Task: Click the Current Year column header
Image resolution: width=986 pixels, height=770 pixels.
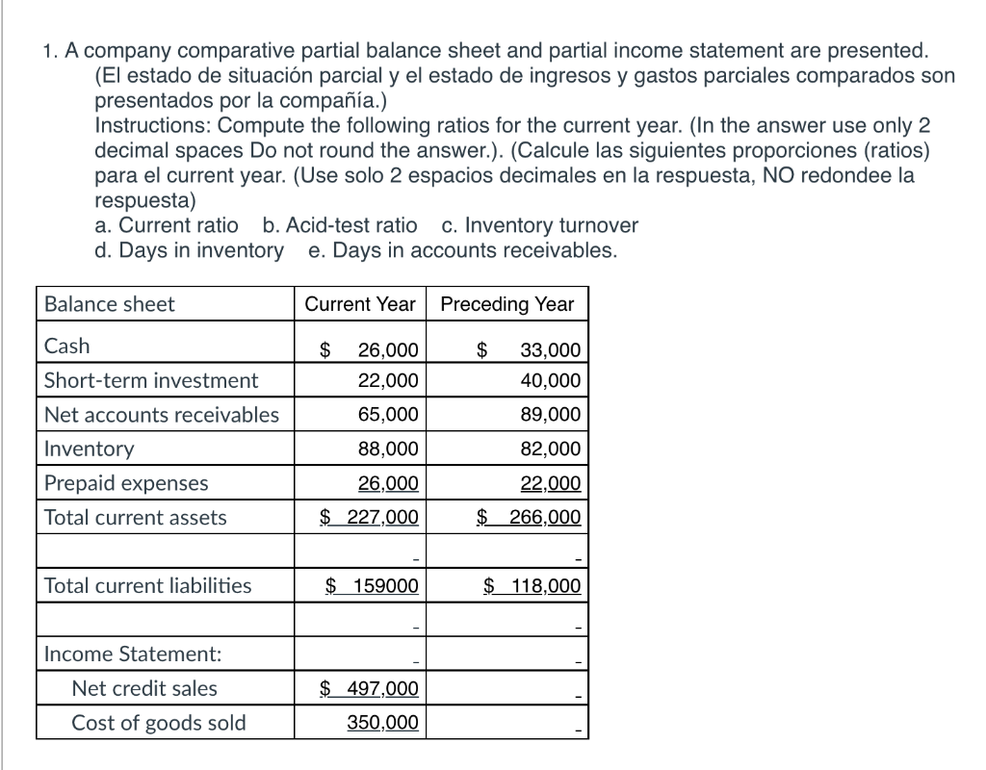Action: pos(360,304)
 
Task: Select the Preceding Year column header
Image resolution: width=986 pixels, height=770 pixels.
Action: pos(506,304)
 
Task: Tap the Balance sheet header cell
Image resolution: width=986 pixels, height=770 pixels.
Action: pos(110,304)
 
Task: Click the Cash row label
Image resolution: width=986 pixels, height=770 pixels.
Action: pos(67,346)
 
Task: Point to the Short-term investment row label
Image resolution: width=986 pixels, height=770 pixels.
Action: pos(151,380)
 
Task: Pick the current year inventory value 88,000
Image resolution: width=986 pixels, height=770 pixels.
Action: pos(388,449)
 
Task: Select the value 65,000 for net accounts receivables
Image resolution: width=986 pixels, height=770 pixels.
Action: pos(388,415)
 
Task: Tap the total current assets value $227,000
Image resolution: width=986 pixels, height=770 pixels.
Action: pos(370,518)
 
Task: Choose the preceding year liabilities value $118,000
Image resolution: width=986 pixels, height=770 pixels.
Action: pos(532,585)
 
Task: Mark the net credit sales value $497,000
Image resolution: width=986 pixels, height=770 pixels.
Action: pos(370,688)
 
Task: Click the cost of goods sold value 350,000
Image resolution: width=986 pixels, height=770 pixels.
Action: pos(382,723)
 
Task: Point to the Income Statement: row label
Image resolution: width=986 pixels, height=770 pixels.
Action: pos(133,654)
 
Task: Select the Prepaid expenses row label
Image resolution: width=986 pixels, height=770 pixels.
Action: pos(126,483)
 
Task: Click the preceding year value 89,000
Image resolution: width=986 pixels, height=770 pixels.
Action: pos(550,415)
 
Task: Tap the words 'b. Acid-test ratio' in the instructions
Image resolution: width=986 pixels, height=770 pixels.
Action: pos(340,225)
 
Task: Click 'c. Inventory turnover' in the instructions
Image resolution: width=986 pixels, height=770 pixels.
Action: pos(539,225)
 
